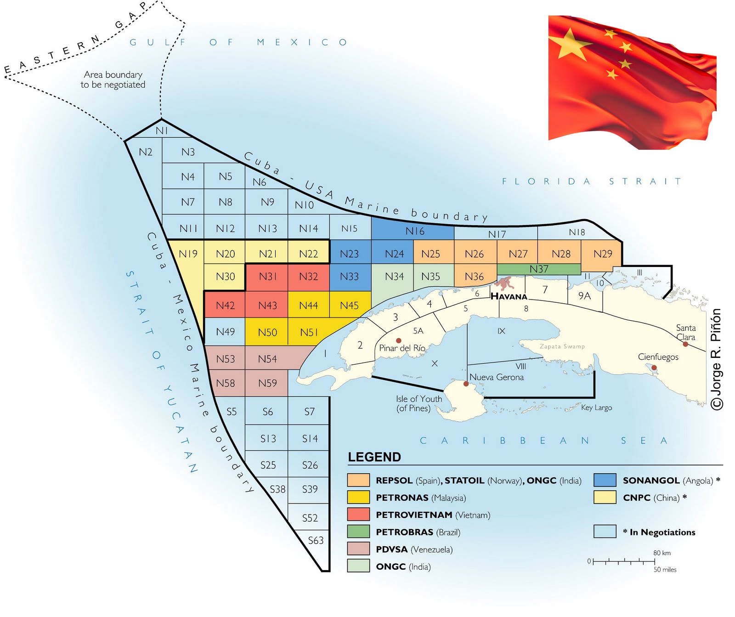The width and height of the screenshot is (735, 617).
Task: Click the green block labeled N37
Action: pos(538,269)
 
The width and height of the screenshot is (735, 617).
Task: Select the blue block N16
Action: pos(414,231)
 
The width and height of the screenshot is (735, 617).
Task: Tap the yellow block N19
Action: pos(188,254)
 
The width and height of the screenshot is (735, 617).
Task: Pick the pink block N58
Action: pos(225,383)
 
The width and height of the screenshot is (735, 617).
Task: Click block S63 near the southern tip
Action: pos(316,541)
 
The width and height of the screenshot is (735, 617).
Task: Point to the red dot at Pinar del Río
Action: pos(399,340)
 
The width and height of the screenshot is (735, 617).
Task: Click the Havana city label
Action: pos(509,296)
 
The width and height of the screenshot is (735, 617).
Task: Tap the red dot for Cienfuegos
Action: pos(654,368)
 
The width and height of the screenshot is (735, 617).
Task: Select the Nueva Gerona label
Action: pos(496,377)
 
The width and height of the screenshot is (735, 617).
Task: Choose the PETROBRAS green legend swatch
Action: pos(358,532)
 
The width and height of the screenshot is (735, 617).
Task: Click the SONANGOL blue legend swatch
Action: pos(605,480)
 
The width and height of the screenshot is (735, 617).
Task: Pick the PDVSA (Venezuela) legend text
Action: pos(414,549)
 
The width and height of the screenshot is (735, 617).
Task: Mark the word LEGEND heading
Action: pos(374,457)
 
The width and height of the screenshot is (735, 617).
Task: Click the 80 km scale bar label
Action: pos(662,553)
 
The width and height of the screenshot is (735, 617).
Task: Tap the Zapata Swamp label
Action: pos(562,346)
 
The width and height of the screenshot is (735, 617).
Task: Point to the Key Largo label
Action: pos(596,408)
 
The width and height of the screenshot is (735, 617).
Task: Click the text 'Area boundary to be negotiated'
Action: pos(113,79)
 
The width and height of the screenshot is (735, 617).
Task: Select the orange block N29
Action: pos(602,254)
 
